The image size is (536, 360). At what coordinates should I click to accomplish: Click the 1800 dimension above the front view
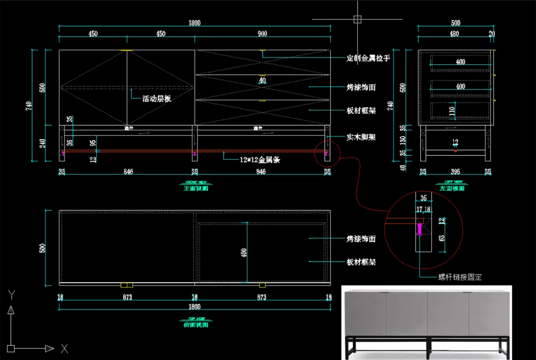194,22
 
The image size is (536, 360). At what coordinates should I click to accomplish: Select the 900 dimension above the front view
263,34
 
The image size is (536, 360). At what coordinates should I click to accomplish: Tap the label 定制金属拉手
368,58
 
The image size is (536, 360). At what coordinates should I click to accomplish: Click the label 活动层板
157,99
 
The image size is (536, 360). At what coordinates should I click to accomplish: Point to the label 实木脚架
361,136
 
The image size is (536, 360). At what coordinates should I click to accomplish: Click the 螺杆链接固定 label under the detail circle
460,277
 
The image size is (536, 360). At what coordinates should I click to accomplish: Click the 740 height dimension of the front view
29,106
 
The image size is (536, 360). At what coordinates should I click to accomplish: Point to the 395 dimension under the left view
455,172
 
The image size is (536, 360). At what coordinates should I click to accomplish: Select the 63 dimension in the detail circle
442,238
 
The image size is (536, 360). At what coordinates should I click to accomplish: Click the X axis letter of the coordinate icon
64,349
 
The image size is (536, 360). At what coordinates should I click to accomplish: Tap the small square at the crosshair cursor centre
357,19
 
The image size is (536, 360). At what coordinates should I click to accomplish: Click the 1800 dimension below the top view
194,306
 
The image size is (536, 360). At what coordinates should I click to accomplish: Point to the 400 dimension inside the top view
243,252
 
